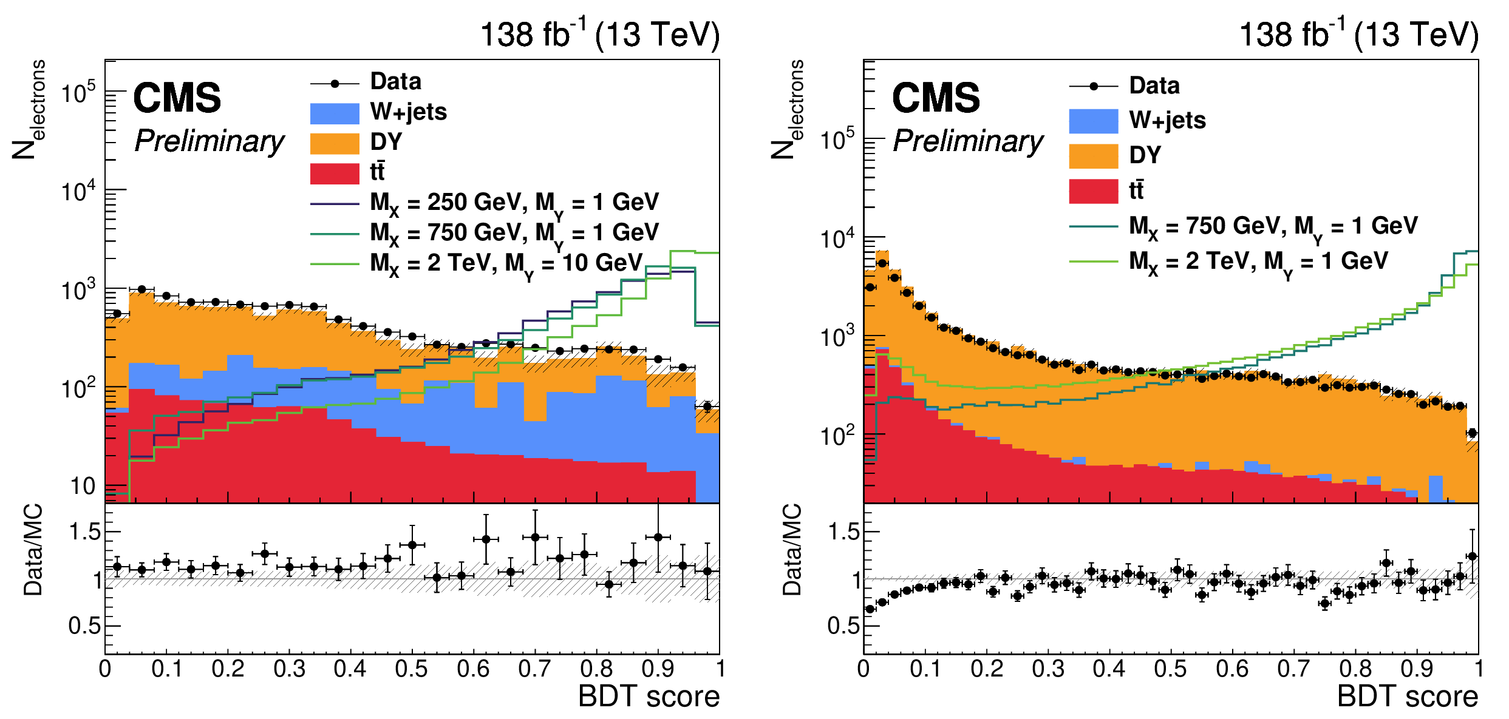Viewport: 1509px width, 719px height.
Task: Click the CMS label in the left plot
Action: click(x=177, y=98)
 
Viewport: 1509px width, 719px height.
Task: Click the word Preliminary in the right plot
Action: click(x=968, y=141)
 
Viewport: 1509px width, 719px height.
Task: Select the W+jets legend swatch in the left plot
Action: click(x=335, y=113)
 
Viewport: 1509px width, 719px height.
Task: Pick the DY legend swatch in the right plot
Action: click(x=1093, y=156)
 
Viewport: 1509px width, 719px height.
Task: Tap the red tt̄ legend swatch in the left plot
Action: click(x=335, y=173)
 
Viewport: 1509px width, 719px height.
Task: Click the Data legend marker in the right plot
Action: click(x=1093, y=86)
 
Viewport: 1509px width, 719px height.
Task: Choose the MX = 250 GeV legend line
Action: click(x=335, y=204)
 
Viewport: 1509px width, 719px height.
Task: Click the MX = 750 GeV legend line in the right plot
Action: click(x=1093, y=226)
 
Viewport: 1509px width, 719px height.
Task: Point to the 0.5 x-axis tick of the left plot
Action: click(x=412, y=669)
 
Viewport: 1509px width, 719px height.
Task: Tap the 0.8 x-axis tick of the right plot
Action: click(x=1355, y=669)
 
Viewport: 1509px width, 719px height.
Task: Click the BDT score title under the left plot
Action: click(x=649, y=696)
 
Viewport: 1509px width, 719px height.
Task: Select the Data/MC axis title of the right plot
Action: click(x=792, y=549)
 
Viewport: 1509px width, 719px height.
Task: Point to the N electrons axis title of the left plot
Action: click(x=28, y=109)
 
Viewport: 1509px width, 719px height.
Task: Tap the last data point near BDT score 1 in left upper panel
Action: click(x=707, y=407)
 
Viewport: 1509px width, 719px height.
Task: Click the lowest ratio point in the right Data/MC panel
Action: click(x=870, y=609)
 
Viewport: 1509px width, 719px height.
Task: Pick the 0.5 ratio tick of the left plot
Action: click(x=84, y=626)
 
